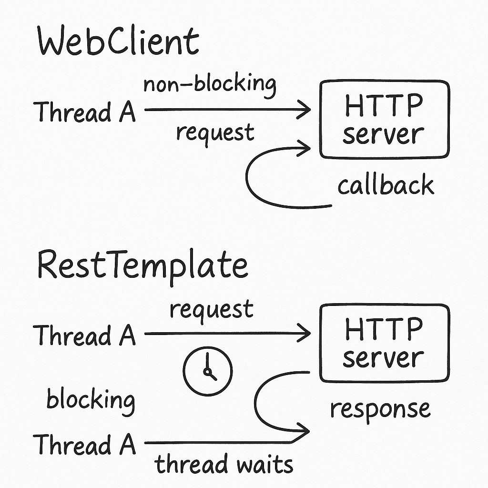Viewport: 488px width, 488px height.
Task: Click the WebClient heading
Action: point(118,42)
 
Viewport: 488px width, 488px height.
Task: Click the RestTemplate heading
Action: point(142,265)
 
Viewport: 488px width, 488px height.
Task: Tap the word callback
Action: point(386,185)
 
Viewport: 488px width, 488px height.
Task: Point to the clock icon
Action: point(207,370)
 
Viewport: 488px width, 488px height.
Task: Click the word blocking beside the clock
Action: point(90,399)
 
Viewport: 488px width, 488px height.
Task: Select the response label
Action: point(380,409)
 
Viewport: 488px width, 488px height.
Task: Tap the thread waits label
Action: point(224,464)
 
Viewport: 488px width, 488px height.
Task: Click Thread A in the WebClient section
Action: point(85,112)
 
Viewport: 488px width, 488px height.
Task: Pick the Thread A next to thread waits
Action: point(85,445)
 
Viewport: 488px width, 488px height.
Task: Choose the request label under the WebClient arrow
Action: point(215,132)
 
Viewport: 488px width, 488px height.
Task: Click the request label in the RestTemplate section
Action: point(212,310)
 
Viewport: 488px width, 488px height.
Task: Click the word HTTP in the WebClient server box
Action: point(383,106)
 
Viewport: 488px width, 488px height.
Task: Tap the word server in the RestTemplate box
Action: point(383,357)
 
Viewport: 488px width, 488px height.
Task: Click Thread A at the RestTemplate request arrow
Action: point(85,335)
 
